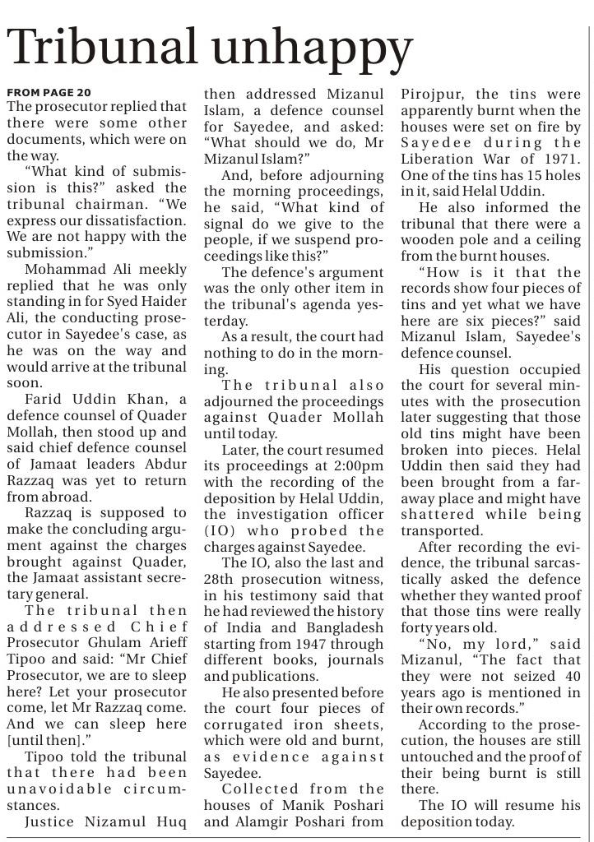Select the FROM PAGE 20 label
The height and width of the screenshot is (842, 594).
[x=49, y=92]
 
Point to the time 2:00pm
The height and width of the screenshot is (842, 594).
[x=360, y=465]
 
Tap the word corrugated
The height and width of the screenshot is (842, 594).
[x=245, y=724]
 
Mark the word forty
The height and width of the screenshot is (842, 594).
[x=420, y=628]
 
